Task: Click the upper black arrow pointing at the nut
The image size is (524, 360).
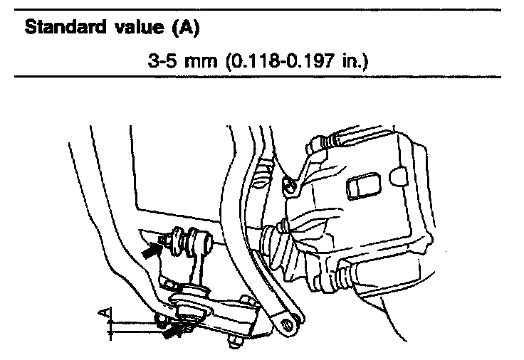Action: [x=152, y=250]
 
